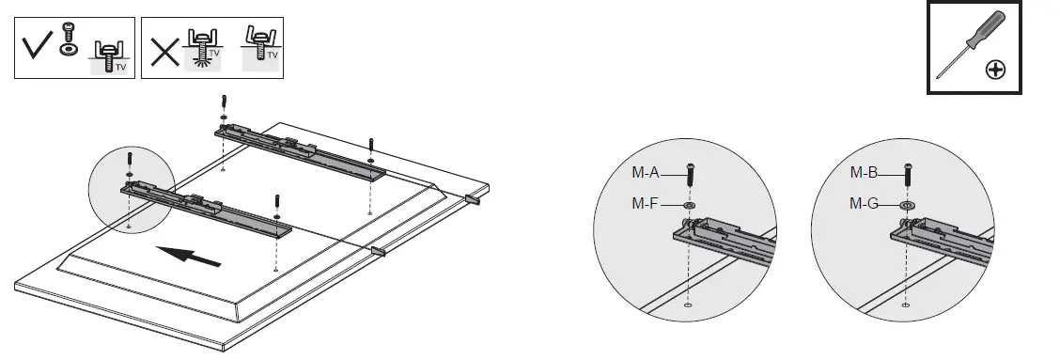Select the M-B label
click(x=864, y=173)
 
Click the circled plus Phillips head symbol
click(x=997, y=70)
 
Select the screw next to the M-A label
click(x=691, y=175)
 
